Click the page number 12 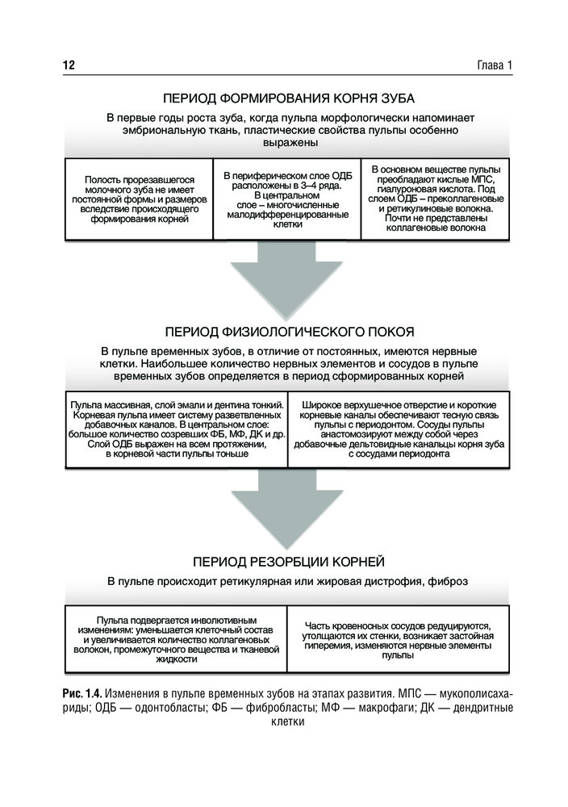[x=68, y=65]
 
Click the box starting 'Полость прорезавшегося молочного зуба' [x=139, y=199]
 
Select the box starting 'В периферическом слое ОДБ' [x=287, y=199]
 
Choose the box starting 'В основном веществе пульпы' [x=436, y=199]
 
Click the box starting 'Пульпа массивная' [x=176, y=429]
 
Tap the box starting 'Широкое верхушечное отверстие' [x=399, y=429]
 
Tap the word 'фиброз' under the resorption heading [x=448, y=581]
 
